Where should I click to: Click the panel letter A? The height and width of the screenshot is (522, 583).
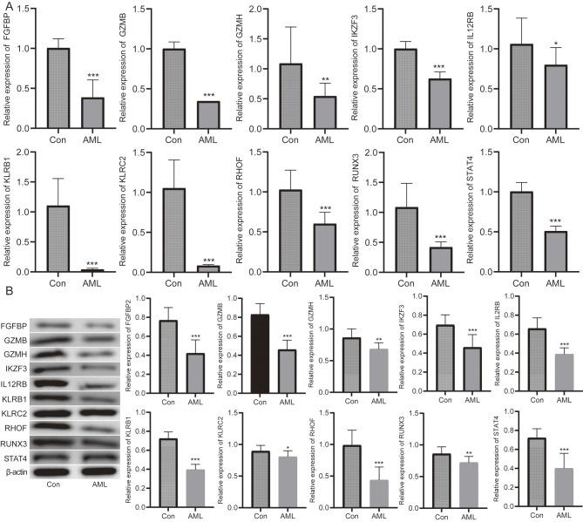coord(7,6)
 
